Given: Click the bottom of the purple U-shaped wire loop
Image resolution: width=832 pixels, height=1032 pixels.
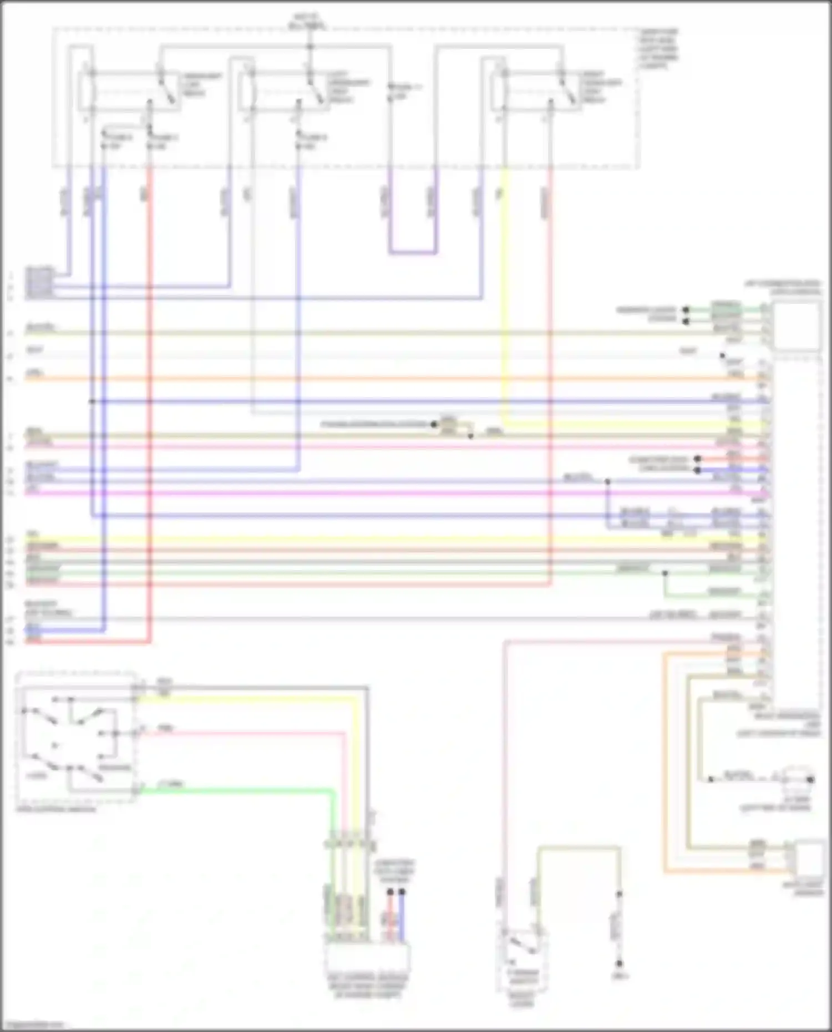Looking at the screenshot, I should (x=413, y=253).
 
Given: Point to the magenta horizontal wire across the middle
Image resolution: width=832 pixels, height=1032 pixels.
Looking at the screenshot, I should (x=388, y=492).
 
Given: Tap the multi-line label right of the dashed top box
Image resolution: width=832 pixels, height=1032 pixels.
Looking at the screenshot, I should (x=658, y=49).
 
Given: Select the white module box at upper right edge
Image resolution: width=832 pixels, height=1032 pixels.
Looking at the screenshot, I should (x=797, y=326).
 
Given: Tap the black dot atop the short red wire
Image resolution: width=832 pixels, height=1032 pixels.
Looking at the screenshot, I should (x=390, y=892).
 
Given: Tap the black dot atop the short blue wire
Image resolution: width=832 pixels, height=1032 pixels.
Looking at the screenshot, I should (x=402, y=892).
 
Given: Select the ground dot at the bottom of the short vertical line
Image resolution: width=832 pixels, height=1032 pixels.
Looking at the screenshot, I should (x=619, y=964).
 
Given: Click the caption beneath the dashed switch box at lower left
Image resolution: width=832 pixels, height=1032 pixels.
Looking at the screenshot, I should (x=55, y=809).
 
